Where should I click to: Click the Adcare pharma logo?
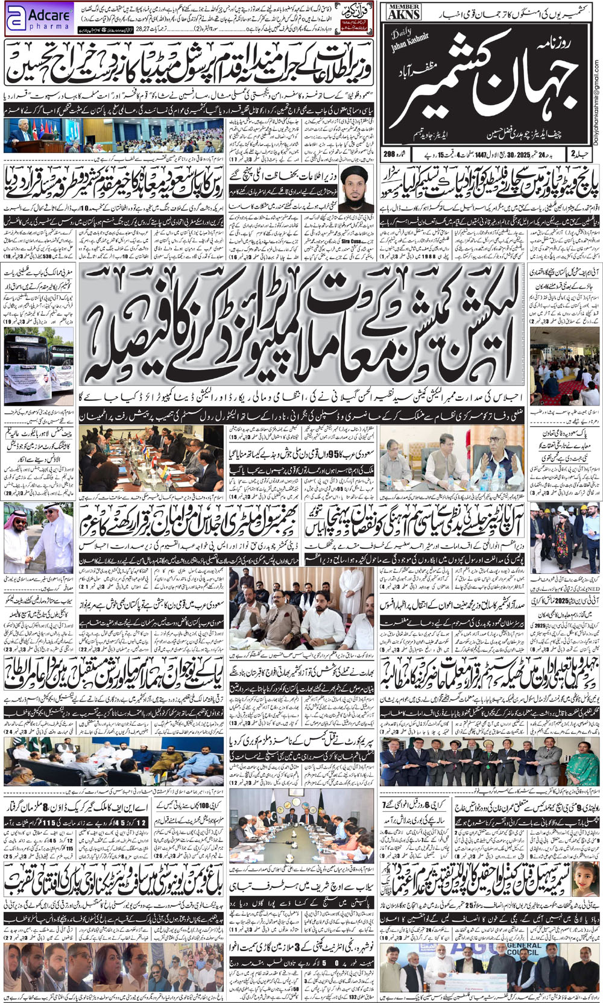(x=37, y=19)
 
